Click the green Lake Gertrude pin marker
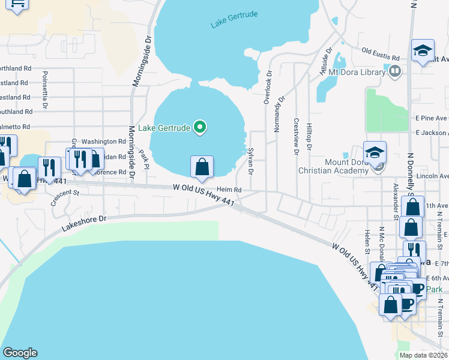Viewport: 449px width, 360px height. tap(202, 127)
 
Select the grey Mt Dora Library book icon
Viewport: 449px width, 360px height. tap(394, 72)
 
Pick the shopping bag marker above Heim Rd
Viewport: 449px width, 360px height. tap(202, 167)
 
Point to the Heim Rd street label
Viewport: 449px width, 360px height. tap(229, 190)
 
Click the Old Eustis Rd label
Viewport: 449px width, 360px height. tap(381, 55)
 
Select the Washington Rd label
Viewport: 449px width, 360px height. tap(103, 142)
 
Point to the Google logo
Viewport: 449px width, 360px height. tap(20, 353)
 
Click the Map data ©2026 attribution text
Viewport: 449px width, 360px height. tap(423, 355)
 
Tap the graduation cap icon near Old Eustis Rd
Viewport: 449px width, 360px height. tap(423, 51)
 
